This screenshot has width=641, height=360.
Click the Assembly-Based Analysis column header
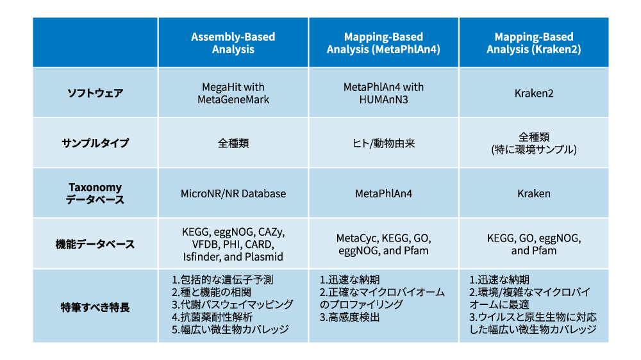pyautogui.click(x=233, y=43)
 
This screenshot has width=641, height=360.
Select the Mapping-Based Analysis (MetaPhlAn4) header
pyautogui.click(x=383, y=43)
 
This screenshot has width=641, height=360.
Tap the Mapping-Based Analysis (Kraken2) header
pyautogui.click(x=533, y=43)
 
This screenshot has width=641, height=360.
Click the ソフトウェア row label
pyautogui.click(x=96, y=93)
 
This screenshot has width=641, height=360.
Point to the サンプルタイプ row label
pyautogui.click(x=96, y=143)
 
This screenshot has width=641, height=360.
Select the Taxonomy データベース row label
pyautogui.click(x=96, y=193)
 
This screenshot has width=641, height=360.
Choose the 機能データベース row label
pyautogui.click(x=96, y=244)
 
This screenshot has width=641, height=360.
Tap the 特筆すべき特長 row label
pyautogui.click(x=96, y=307)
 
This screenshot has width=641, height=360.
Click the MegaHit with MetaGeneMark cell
pyautogui.click(x=233, y=93)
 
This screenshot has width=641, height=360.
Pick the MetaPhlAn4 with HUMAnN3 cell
pyautogui.click(x=383, y=93)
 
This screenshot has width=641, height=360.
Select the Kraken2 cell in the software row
pyautogui.click(x=534, y=93)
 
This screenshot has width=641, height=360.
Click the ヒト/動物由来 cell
pyautogui.click(x=383, y=143)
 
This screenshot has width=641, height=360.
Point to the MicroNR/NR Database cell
pyautogui.click(x=233, y=193)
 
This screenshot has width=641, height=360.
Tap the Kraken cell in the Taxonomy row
pyautogui.click(x=534, y=193)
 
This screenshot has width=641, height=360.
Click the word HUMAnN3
pyautogui.click(x=383, y=100)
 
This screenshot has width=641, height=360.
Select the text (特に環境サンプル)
pyautogui.click(x=534, y=149)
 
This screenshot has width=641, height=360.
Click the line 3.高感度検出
pyautogui.click(x=349, y=317)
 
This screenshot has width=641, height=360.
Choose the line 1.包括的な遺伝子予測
pyautogui.click(x=222, y=280)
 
